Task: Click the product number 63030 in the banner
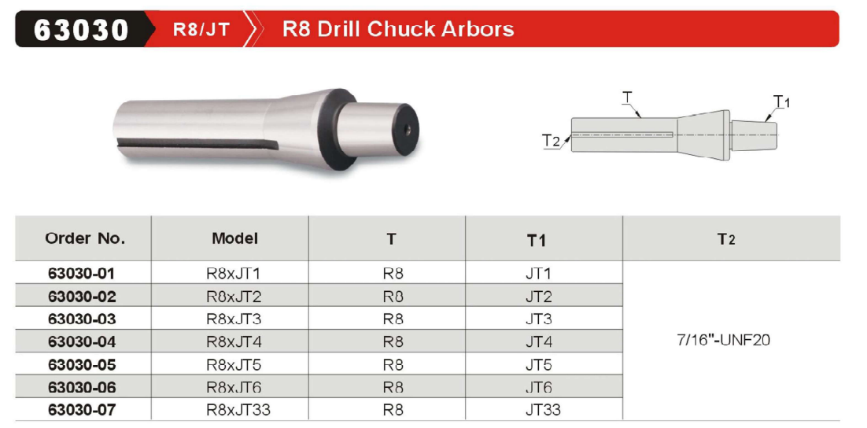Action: [x=81, y=29]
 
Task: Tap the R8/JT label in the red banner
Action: [x=201, y=29]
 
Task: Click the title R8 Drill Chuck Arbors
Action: [x=398, y=29]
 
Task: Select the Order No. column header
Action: [x=85, y=239]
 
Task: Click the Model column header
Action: [x=235, y=238]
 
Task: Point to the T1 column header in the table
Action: [x=536, y=240]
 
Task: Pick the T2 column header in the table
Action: [x=726, y=239]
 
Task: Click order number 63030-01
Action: [x=82, y=273]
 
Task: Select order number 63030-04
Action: [x=82, y=341]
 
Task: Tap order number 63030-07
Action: [x=82, y=411]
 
